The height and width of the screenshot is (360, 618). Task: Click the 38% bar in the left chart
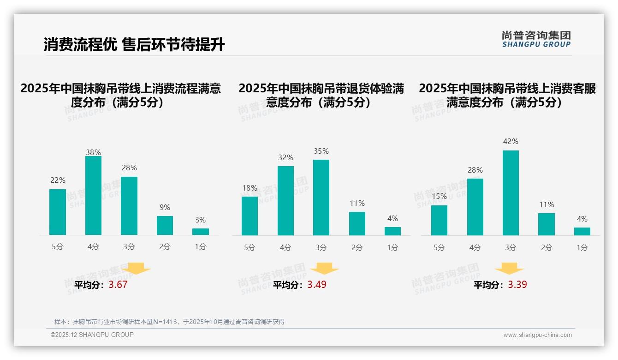coord(93,196)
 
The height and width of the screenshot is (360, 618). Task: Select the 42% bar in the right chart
coord(511,193)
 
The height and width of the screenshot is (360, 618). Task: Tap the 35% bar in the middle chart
coord(321,198)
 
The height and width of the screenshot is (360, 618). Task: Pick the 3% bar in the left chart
coord(201,232)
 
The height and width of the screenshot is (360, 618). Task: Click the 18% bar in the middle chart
coord(250,216)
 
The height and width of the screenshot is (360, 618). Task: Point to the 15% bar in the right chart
coord(439,220)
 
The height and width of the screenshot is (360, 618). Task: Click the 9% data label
coord(165,208)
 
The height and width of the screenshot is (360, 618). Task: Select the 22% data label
coord(58,180)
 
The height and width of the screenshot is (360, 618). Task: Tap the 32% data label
coord(285,158)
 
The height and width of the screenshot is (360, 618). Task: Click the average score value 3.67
coord(118,285)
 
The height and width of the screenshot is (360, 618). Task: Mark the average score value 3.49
coord(317,285)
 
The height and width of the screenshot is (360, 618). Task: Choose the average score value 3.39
coord(517,285)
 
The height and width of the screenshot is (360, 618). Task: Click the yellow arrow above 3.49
coord(325,269)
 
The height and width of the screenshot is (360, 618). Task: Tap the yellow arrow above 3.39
coord(509,269)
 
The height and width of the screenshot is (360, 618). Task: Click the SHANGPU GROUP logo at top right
coord(536,39)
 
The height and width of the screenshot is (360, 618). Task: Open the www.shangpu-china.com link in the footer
coord(537,335)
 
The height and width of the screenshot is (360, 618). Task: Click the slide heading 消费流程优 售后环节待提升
coord(134,45)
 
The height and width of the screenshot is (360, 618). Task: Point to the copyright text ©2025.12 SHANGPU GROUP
coord(92,335)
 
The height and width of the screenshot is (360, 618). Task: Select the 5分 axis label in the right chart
coord(439,248)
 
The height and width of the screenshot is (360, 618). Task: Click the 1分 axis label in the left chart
coord(201,247)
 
